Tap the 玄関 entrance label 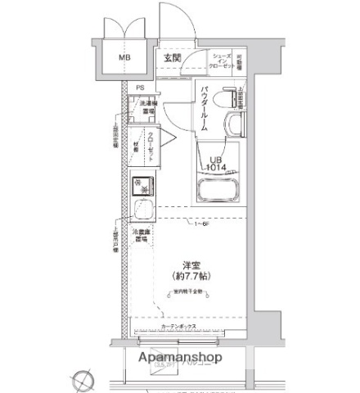(171, 58)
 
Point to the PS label (140, 88)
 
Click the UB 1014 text (215, 163)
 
